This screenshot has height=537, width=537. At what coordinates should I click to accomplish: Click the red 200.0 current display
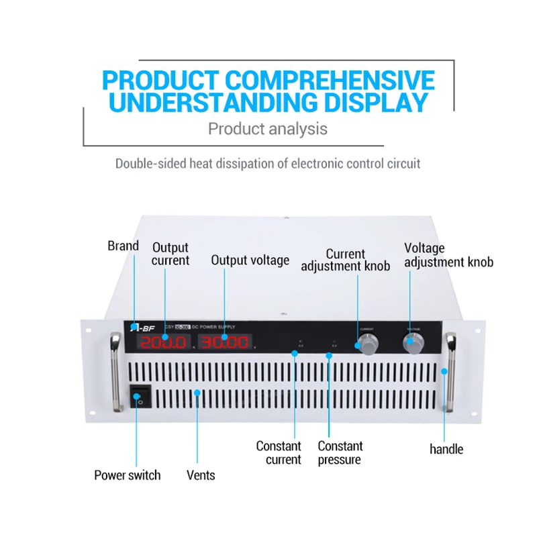(163, 342)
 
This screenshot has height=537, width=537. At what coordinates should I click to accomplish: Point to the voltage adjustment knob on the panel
(412, 343)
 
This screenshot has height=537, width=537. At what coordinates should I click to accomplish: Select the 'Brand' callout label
(123, 246)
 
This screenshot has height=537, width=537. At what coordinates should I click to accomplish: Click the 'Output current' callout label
(170, 254)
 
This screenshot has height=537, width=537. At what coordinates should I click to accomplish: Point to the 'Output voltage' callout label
(250, 260)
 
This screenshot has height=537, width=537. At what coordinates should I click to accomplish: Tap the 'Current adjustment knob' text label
(345, 260)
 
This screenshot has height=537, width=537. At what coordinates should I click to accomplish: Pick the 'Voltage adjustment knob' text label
(448, 255)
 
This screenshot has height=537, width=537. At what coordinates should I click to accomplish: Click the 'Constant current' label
(279, 452)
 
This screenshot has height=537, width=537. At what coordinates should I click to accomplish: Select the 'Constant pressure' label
(340, 452)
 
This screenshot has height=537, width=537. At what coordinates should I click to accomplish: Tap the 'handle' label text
(446, 449)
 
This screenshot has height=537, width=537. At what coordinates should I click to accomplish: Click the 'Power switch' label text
(128, 475)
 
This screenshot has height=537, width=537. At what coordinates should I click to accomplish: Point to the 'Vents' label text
(201, 475)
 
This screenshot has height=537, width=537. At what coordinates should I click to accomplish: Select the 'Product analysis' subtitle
(268, 128)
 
